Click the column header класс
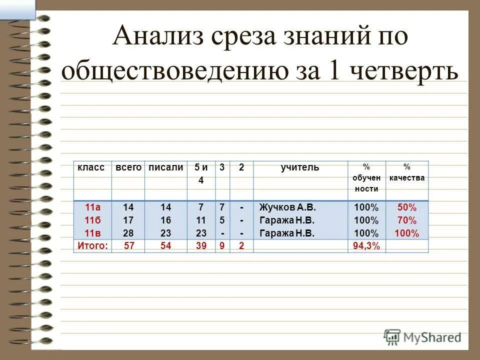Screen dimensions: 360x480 [x=91, y=167]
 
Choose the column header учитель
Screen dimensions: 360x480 [x=299, y=167]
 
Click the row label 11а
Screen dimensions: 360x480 [x=92, y=207]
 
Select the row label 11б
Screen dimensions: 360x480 [x=92, y=220]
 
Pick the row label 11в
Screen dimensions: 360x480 [x=92, y=233]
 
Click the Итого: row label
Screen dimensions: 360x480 [x=93, y=245]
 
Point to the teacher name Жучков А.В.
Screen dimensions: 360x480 [x=287, y=207]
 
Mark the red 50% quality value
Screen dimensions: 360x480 [x=406, y=207]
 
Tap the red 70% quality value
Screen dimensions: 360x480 [x=406, y=220]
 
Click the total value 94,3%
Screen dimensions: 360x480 [x=366, y=245]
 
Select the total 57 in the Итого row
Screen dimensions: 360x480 [x=128, y=245]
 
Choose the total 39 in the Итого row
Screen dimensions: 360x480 [x=200, y=245]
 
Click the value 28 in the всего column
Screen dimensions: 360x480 [x=128, y=233]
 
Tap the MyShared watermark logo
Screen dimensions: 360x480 [x=423, y=336]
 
